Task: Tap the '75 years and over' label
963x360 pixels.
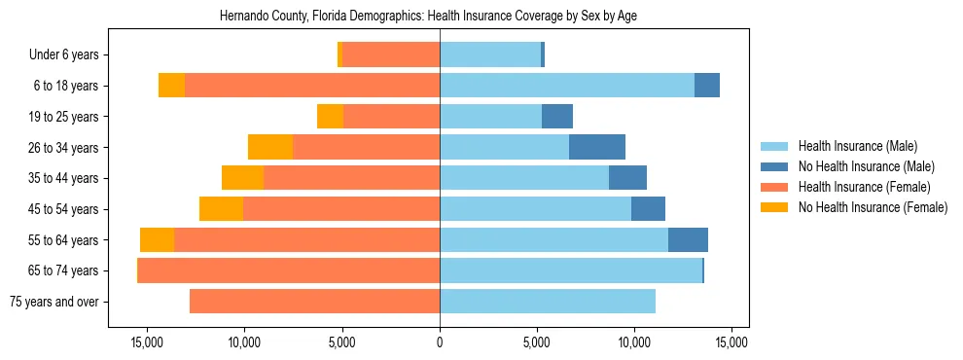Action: [x=54, y=302]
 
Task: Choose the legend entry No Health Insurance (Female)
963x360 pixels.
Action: [x=873, y=207]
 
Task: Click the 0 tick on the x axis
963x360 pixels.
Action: [x=440, y=342]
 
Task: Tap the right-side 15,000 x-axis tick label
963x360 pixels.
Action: [x=731, y=342]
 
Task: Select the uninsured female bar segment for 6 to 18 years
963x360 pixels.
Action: [x=172, y=86]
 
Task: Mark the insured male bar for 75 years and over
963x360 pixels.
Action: [x=548, y=302]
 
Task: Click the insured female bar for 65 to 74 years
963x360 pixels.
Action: [x=289, y=270]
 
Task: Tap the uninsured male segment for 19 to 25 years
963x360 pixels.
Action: [x=557, y=117]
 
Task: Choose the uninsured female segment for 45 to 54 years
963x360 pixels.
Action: [x=221, y=209]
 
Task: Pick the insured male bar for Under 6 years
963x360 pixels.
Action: [x=490, y=55]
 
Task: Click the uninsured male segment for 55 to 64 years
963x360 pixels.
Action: [x=688, y=240]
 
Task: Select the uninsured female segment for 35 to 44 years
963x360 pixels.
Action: [x=242, y=178]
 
